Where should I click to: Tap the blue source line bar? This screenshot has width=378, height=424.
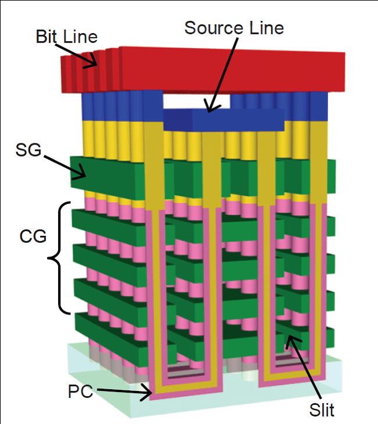point(224,119)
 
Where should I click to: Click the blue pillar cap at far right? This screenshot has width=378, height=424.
point(319,105)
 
